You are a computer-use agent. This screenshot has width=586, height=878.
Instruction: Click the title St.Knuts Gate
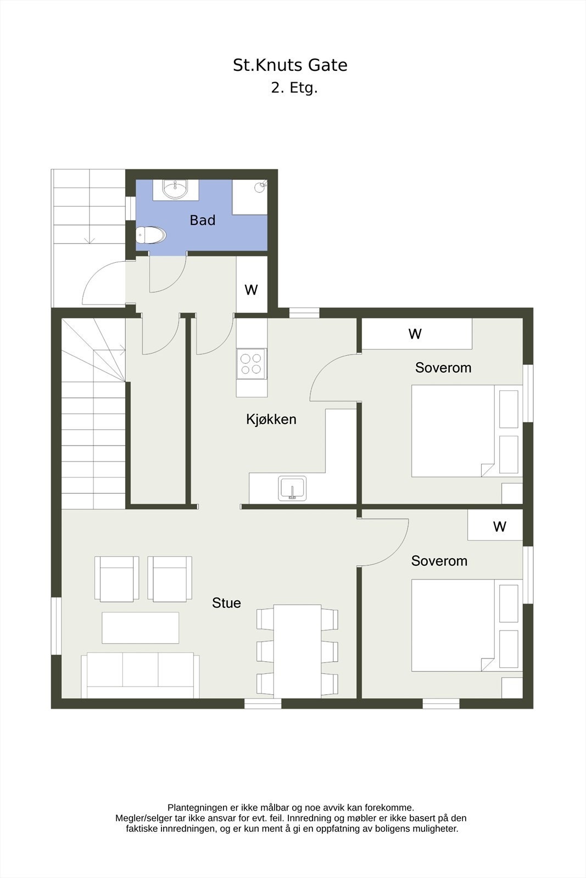pyautogui.click(x=290, y=65)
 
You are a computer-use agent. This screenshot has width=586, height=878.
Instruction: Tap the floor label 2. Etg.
pyautogui.click(x=294, y=88)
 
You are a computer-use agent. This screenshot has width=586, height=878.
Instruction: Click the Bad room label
pyautogui.click(x=202, y=220)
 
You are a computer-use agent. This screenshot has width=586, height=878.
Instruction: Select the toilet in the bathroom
pyautogui.click(x=151, y=235)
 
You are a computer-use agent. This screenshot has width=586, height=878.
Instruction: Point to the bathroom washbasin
pyautogui.click(x=175, y=190)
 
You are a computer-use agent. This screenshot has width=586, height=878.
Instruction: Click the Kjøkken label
pyautogui.click(x=271, y=419)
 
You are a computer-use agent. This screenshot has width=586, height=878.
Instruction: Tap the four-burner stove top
pyautogui.click(x=252, y=364)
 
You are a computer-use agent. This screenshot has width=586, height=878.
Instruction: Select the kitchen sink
pyautogui.click(x=292, y=488)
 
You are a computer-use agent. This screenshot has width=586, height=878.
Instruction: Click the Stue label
pyautogui.click(x=226, y=603)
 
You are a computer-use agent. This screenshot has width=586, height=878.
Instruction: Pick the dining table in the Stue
pyautogui.click(x=297, y=651)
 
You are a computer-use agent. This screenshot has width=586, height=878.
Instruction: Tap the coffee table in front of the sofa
pyautogui.click(x=140, y=628)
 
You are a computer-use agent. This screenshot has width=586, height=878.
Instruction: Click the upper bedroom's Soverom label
pyautogui.click(x=443, y=368)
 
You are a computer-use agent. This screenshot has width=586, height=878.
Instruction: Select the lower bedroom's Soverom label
pyautogui.click(x=439, y=561)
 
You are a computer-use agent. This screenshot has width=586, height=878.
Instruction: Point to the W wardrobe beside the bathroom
pyautogui.click(x=252, y=289)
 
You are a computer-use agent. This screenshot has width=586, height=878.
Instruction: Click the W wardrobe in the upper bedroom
pyautogui.click(x=416, y=334)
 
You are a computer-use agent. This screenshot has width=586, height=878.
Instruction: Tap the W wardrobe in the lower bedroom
pyautogui.click(x=499, y=527)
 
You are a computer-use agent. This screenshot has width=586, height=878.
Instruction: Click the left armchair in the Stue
pyautogui.click(x=116, y=578)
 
